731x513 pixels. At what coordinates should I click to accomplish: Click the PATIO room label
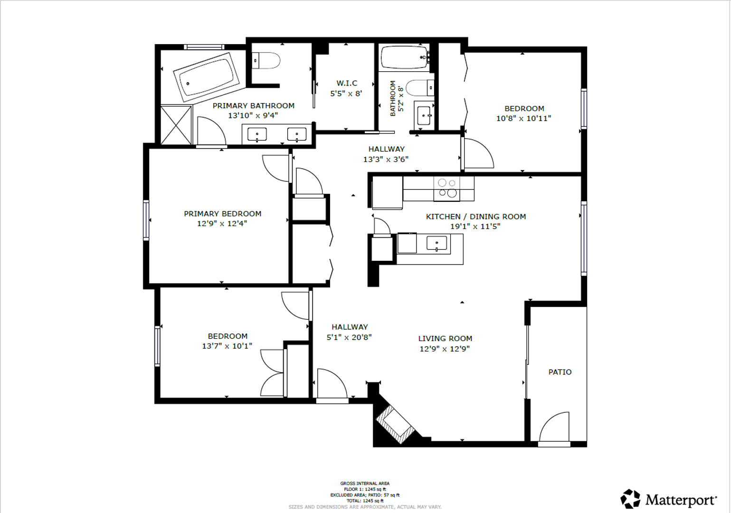point(560,372)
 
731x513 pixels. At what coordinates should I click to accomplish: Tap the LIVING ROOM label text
point(445,338)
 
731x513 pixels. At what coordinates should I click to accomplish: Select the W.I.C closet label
point(347,83)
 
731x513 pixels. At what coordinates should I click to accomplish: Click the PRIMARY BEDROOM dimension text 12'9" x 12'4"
point(222,224)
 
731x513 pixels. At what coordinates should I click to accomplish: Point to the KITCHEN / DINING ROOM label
point(476,216)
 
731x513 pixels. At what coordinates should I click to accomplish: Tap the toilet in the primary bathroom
point(266,61)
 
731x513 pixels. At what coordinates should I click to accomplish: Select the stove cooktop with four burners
point(447,189)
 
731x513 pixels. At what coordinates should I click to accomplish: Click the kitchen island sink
point(437,244)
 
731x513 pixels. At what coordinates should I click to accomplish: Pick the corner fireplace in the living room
point(395,425)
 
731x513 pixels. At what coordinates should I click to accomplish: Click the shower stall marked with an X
point(176,124)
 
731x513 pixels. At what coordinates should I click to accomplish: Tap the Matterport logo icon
point(630,499)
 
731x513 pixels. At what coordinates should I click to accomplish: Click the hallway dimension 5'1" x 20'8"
point(349,337)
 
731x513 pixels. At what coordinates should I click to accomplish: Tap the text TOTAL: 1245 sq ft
point(365,501)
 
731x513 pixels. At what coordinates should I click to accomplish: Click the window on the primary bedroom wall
point(146,220)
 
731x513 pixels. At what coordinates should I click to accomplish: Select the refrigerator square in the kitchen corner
point(387,192)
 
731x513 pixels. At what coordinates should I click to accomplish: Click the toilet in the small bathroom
point(420,88)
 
